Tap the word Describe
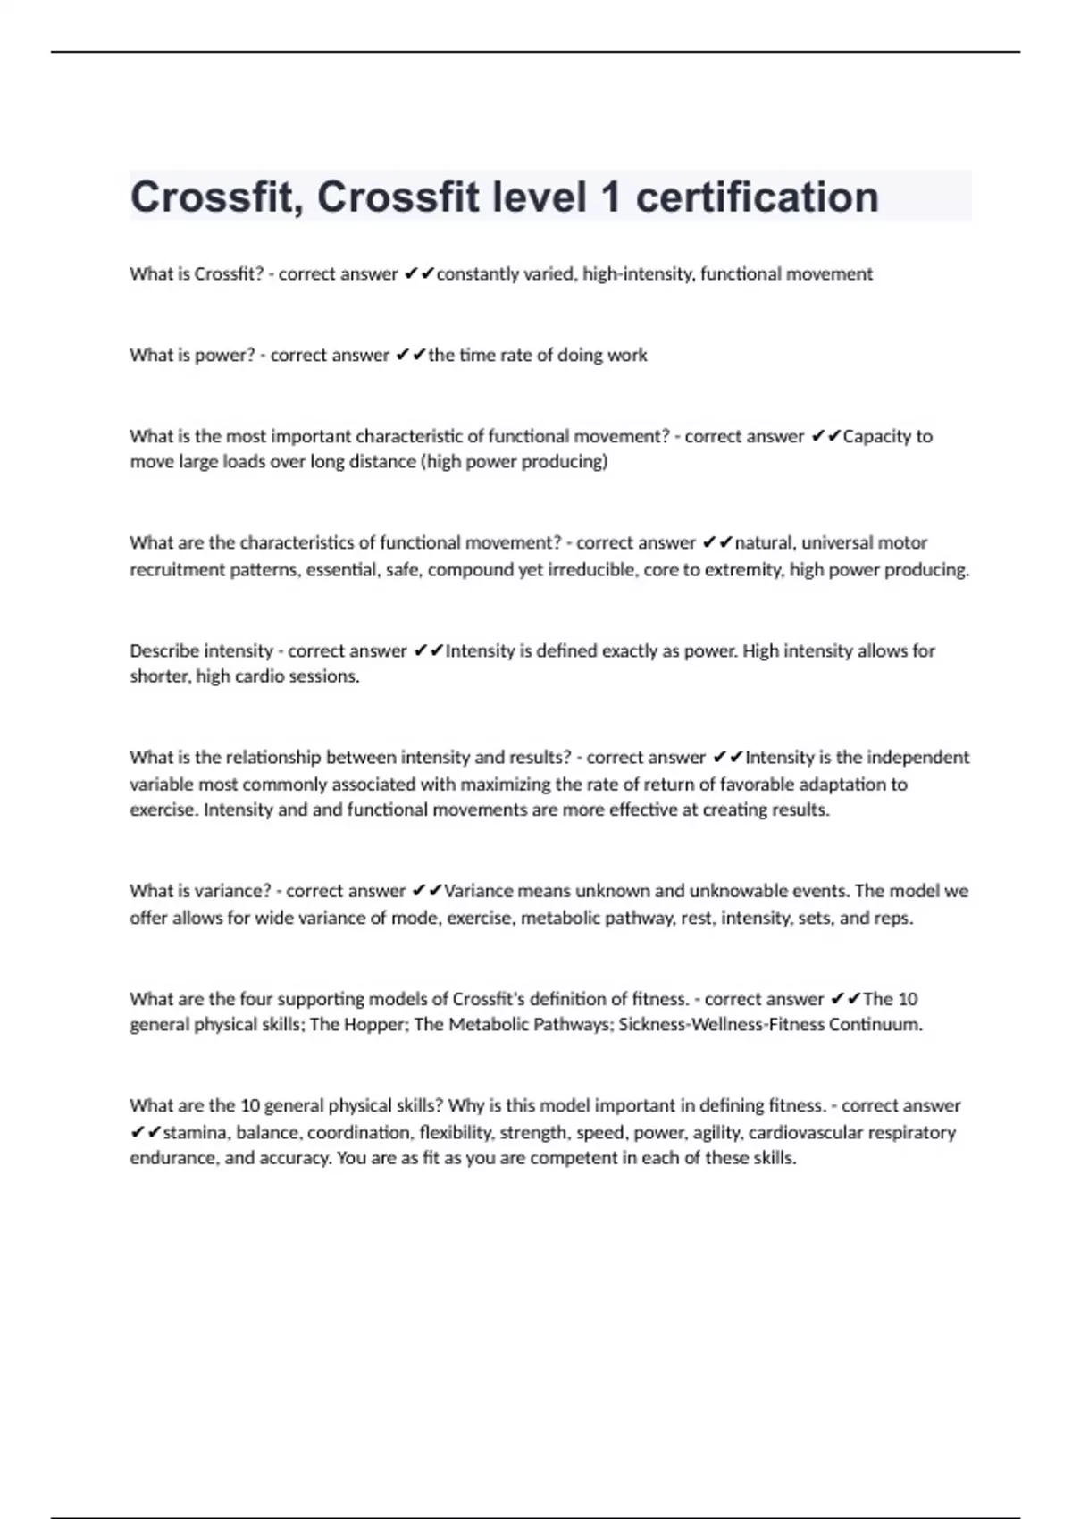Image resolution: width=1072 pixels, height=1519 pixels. click(163, 651)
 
